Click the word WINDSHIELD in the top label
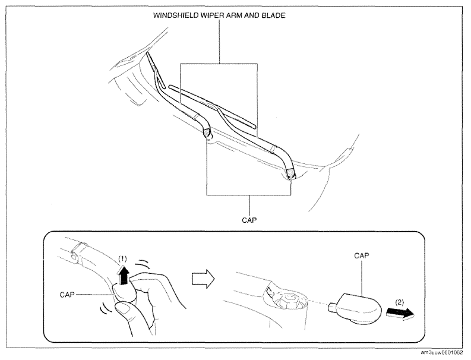[x=172, y=15]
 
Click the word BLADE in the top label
[x=273, y=15]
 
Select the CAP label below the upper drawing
[x=249, y=220]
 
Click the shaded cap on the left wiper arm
[x=207, y=132]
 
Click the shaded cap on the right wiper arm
[x=291, y=173]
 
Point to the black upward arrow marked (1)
[x=124, y=275]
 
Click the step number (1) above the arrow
[x=122, y=259]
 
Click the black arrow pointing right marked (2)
[x=400, y=313]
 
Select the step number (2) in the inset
[x=399, y=302]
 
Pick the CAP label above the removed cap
[x=361, y=255]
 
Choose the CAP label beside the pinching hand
[x=67, y=295]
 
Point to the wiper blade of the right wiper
[x=212, y=106]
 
